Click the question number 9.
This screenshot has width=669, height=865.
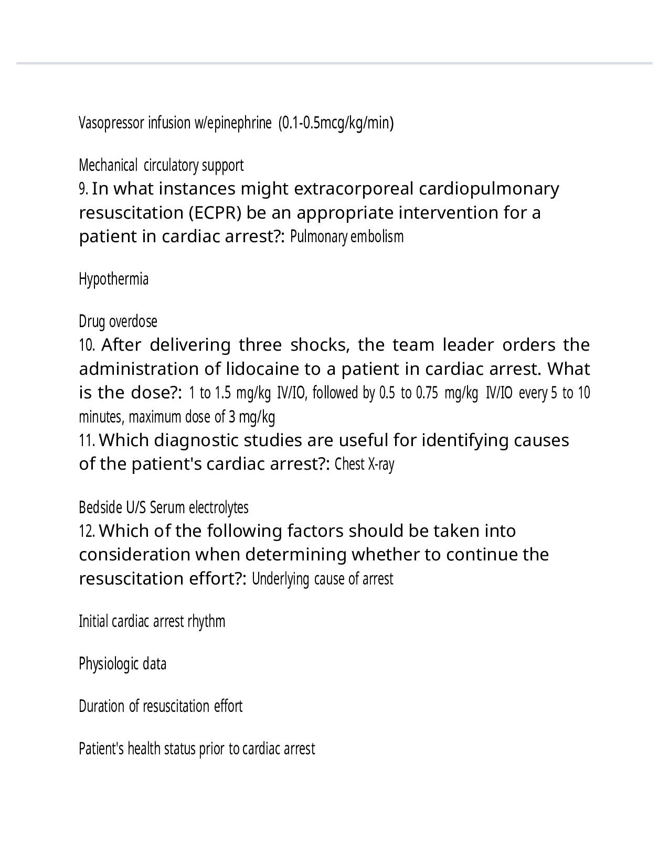(83, 189)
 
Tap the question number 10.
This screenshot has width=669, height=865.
(87, 345)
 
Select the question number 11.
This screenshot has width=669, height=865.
(87, 441)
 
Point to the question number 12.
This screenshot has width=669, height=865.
(87, 532)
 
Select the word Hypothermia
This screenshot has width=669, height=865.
(113, 279)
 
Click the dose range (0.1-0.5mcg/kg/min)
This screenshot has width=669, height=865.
(336, 123)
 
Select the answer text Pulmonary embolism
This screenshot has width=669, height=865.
(347, 237)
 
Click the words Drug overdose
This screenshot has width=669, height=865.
(118, 321)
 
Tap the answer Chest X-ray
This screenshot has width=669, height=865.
(364, 464)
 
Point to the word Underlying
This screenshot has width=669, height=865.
(281, 579)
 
